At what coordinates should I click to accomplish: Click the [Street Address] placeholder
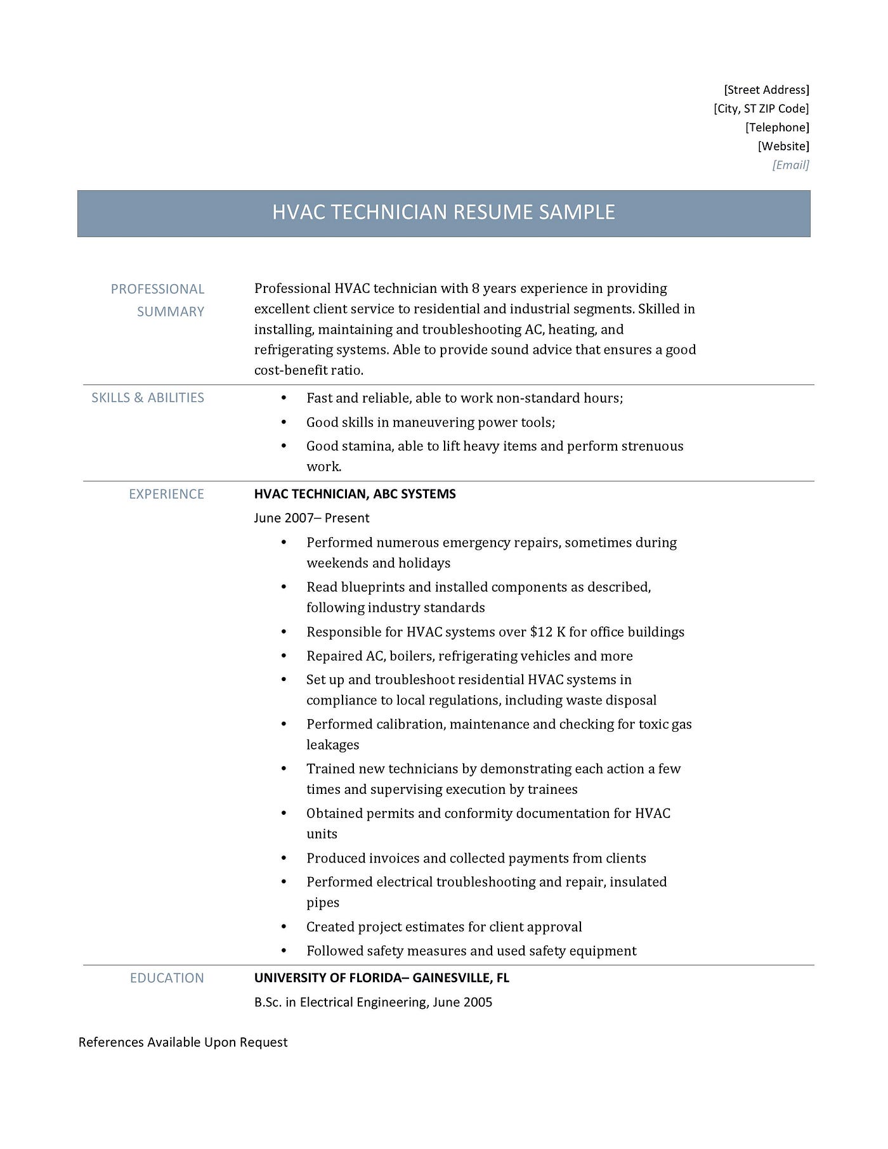(x=766, y=90)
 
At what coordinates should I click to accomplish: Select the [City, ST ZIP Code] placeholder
(x=761, y=108)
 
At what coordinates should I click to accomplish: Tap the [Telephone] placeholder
(x=777, y=127)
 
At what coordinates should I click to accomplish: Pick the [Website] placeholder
(x=783, y=146)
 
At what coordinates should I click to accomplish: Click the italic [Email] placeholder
(x=790, y=166)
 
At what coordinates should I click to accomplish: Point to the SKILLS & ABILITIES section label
(x=148, y=398)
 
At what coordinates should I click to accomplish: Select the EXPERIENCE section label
(x=166, y=494)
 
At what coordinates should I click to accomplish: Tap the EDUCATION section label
(x=167, y=978)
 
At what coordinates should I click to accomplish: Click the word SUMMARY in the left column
(x=170, y=312)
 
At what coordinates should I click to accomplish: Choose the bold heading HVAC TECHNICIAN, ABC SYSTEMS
(x=355, y=494)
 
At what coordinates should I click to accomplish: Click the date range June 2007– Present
(x=311, y=518)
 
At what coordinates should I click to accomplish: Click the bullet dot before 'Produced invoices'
(x=284, y=859)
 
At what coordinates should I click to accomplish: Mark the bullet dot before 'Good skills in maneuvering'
(x=284, y=422)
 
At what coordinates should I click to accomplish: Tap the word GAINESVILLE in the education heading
(x=451, y=978)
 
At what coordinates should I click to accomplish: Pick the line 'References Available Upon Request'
(x=183, y=1042)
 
